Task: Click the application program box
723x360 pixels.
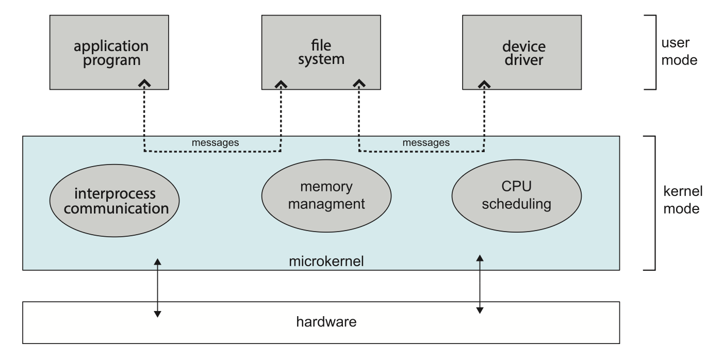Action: coord(111,52)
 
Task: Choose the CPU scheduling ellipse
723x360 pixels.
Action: coord(516,198)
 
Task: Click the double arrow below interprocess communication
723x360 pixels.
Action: coord(158,287)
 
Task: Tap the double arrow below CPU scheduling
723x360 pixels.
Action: coord(480,284)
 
